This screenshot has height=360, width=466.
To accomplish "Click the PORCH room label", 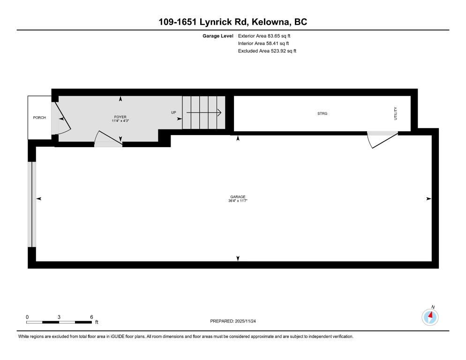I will click(x=39, y=117).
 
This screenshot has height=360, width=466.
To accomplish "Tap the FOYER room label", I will click(x=120, y=117).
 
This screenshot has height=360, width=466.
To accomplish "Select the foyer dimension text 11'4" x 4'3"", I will click(x=120, y=121).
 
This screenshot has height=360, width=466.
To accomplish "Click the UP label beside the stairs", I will click(x=173, y=112).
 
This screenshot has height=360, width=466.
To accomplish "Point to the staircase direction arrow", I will click(x=204, y=112).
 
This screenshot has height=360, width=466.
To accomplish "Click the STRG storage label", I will click(x=322, y=113).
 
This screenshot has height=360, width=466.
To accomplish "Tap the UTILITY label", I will click(x=395, y=114).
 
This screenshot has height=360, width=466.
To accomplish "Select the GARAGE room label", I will click(x=238, y=197).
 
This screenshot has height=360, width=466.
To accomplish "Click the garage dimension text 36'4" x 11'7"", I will click(x=238, y=201).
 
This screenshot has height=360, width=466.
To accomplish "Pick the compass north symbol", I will click(x=430, y=317).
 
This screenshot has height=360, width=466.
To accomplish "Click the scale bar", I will click(x=59, y=322).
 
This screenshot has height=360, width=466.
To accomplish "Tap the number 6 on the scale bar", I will click(x=91, y=317).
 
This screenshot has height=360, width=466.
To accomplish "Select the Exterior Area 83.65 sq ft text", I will click(x=267, y=36).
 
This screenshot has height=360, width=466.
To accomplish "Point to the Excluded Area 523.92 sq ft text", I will click(x=267, y=51).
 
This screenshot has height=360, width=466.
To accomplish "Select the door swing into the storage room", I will click(x=381, y=140).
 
